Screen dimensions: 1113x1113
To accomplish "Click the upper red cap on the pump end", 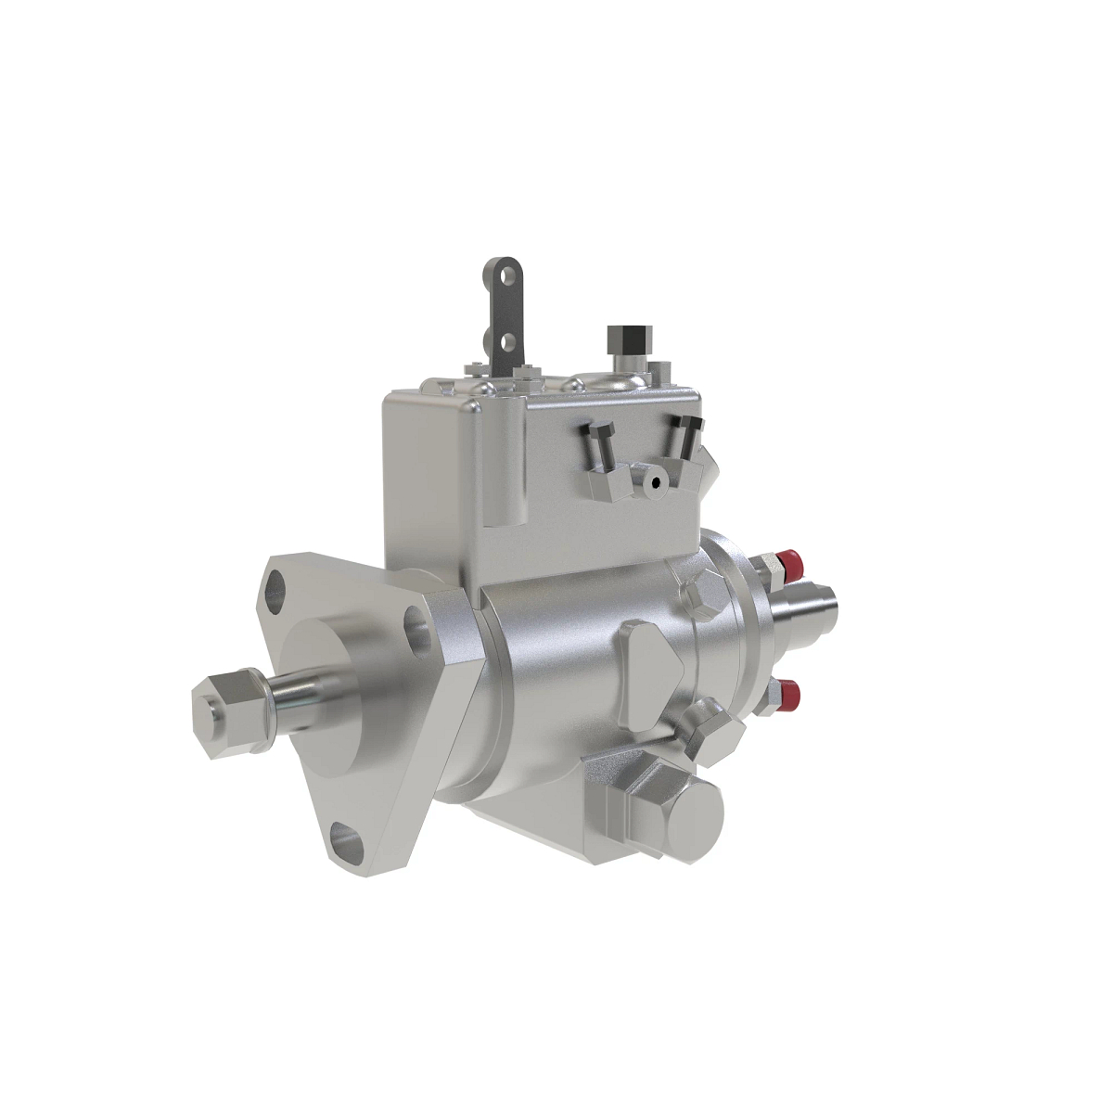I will pyautogui.click(x=791, y=560).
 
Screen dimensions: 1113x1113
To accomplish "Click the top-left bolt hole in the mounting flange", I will pyautogui.click(x=277, y=586).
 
